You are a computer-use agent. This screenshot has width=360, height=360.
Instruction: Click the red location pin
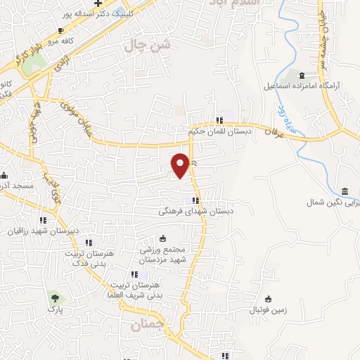point(180,165)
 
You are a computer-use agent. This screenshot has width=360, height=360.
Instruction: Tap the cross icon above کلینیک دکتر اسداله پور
point(107,4)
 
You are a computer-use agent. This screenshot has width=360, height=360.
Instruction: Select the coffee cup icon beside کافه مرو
point(60,30)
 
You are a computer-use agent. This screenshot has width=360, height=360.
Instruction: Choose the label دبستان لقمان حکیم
point(216,131)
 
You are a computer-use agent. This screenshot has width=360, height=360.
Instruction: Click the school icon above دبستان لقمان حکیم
point(220,120)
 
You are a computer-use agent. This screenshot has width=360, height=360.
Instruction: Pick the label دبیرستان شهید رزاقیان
point(41,230)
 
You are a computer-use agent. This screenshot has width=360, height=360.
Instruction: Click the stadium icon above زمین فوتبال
point(268,298)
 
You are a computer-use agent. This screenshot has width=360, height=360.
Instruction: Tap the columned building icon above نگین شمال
point(345,192)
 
